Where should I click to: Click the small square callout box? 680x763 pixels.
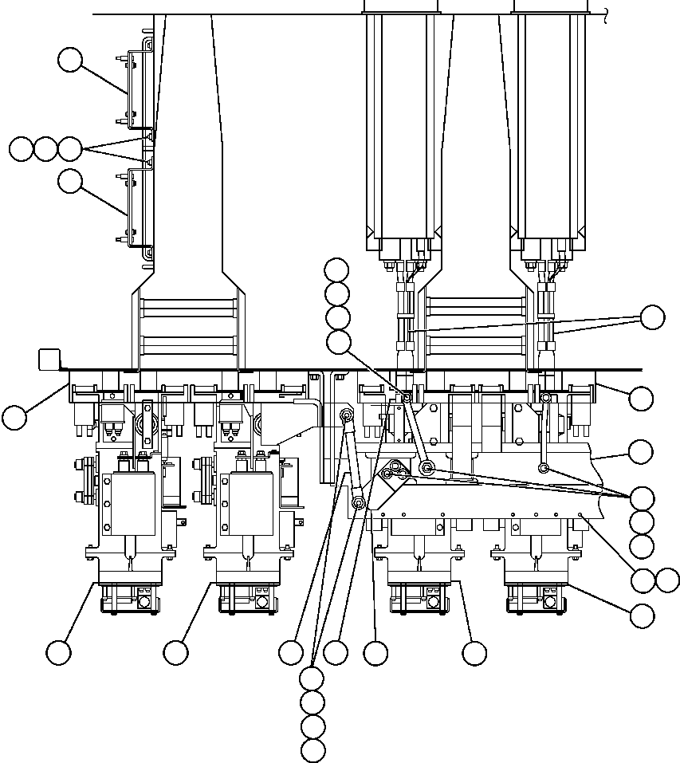49,359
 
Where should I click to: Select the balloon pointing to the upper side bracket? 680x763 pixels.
71,60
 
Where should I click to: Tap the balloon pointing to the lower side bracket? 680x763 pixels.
71,181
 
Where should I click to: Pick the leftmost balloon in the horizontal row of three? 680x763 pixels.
21,148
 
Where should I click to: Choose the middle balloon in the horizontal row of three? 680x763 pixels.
45,148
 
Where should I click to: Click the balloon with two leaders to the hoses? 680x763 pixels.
652,317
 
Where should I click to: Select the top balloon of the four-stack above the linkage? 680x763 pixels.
337,269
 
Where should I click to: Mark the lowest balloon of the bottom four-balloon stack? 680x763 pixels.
313,750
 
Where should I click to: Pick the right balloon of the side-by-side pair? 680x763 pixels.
667,580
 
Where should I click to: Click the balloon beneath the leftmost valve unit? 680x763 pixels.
58,653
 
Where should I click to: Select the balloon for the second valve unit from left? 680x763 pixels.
175,653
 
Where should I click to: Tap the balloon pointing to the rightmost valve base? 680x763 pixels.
642,616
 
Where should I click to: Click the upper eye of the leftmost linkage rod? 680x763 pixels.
347,414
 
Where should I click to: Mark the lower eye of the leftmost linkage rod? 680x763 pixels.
359,503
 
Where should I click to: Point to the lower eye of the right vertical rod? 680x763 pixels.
542,468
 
